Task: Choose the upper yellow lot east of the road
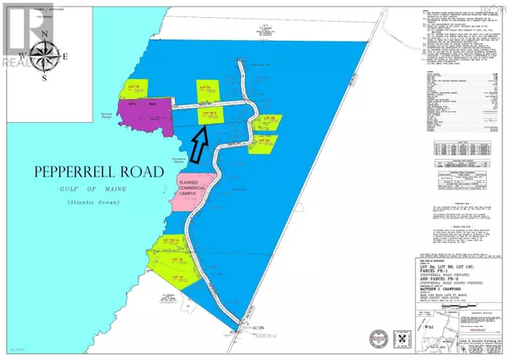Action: pyautogui.click(x=267, y=123)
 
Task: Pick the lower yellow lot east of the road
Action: pyautogui.click(x=263, y=142)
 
